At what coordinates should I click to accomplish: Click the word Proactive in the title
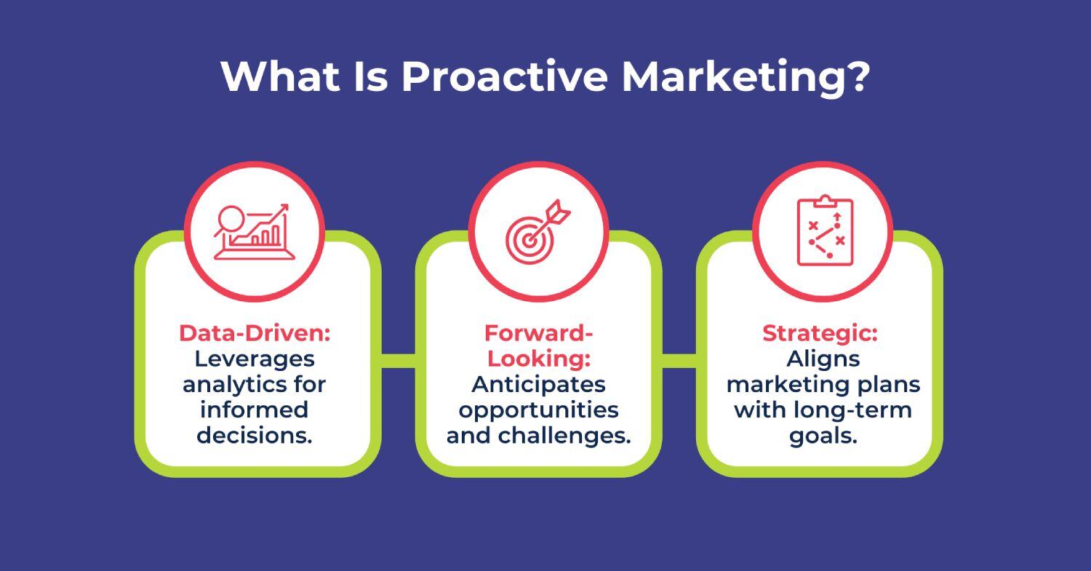coord(503,76)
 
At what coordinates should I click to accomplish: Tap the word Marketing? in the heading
coord(745,76)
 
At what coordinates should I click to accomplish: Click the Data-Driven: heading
coord(255,333)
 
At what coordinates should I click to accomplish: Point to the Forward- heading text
coord(539,333)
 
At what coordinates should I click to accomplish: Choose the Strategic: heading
coord(820,333)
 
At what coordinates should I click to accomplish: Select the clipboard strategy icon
coord(824,231)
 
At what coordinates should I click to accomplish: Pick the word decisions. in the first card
coord(255,435)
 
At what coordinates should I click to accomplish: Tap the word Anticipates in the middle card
coord(539,384)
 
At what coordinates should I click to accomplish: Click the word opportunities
coord(539,410)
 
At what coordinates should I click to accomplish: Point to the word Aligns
coord(823,359)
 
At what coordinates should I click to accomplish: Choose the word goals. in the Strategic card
coord(823,435)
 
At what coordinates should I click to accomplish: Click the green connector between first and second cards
coord(398,360)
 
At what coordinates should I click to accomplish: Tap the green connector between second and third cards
coord(679,360)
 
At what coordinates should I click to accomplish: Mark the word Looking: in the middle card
coord(538,359)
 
